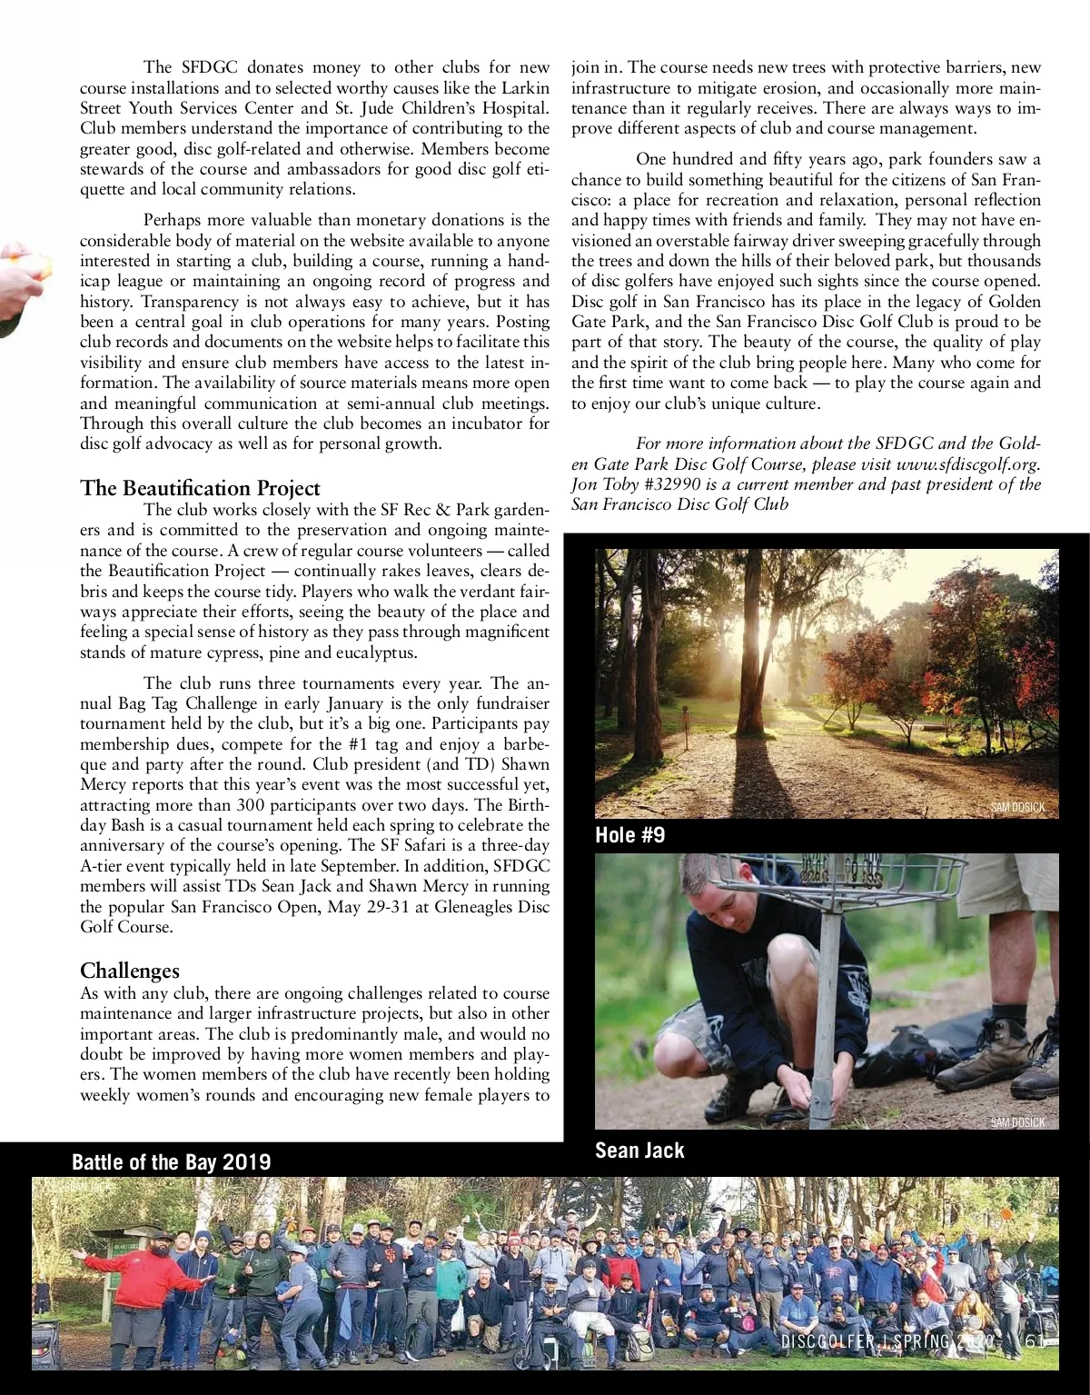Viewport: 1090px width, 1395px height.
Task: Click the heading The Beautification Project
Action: click(x=200, y=488)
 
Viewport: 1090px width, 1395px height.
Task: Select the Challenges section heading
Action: click(x=130, y=971)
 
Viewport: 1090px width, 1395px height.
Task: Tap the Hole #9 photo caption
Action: click(x=629, y=834)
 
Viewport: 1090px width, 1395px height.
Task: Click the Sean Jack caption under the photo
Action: click(x=639, y=1150)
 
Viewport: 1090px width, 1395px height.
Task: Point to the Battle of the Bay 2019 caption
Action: click(x=171, y=1161)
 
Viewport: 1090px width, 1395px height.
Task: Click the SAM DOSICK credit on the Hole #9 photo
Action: click(x=1017, y=807)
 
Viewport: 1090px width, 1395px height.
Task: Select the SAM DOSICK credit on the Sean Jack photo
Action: click(x=1017, y=1122)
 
